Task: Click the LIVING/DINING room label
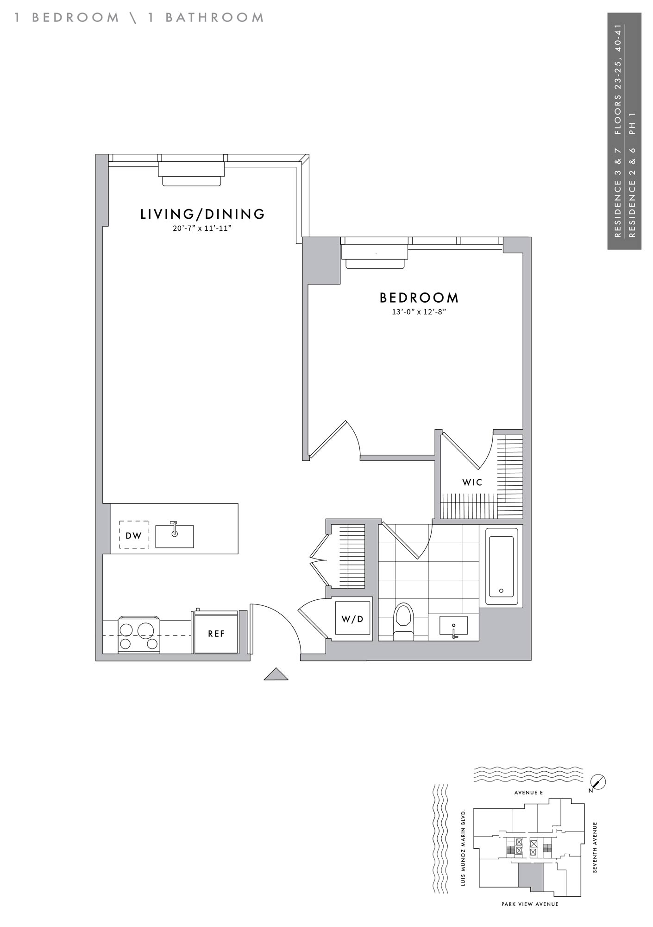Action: [202, 214]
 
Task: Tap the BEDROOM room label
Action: [419, 297]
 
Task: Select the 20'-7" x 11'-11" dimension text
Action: [202, 228]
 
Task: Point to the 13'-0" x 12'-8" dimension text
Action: [419, 312]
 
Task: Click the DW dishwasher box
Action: [134, 535]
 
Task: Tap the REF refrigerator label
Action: [216, 634]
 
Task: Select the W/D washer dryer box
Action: [352, 619]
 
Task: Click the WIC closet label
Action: [472, 482]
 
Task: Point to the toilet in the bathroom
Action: [403, 622]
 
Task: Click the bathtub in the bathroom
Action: [502, 567]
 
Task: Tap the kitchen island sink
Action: [174, 536]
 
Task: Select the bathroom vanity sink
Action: [453, 626]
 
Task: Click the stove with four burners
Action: [139, 635]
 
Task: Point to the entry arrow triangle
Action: [276, 674]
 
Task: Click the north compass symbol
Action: [598, 783]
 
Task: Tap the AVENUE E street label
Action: [528, 793]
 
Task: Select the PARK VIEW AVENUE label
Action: [530, 904]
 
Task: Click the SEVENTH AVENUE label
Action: [595, 848]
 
